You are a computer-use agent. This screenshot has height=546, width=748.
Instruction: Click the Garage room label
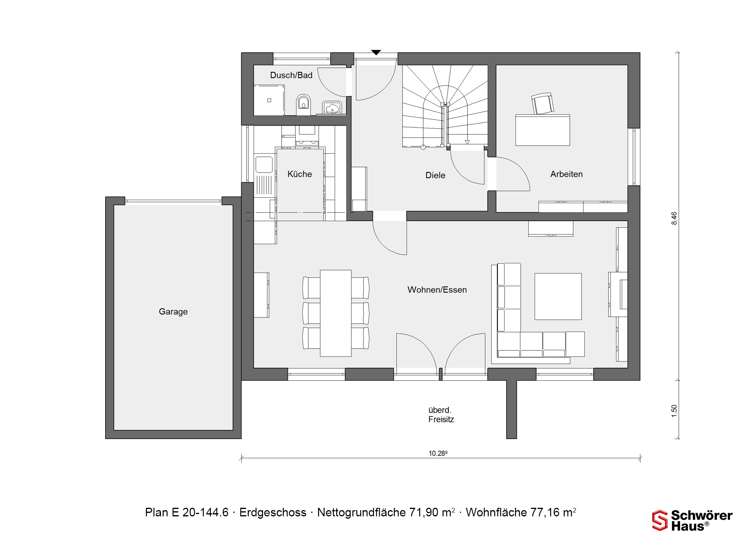point(173,312)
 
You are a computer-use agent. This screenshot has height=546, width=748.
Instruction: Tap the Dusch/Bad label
point(291,75)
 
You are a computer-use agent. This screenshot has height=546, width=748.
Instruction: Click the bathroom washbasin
point(332,108)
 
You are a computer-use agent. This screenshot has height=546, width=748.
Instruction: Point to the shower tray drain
point(269,100)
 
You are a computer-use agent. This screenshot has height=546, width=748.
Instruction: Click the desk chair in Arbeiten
point(543,103)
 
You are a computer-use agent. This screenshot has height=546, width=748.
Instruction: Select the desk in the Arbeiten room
point(543,130)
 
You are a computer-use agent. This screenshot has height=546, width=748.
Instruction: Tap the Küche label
point(300,174)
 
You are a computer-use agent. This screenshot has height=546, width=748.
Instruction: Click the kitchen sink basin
point(264,164)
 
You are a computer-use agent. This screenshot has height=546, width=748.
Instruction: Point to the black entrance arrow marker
point(376,52)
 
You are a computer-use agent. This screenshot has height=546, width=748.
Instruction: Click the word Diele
point(435,175)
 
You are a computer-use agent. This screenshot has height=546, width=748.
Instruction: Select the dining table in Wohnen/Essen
point(336,313)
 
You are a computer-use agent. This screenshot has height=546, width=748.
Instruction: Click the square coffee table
point(558,296)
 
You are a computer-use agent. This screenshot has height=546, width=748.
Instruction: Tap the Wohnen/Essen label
point(437,290)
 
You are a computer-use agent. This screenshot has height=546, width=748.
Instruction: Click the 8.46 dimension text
point(674,218)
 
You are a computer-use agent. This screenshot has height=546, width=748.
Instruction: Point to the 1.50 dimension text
point(674,411)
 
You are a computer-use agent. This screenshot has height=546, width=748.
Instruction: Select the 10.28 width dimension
point(438,453)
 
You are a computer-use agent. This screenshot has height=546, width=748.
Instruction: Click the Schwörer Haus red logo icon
point(660,520)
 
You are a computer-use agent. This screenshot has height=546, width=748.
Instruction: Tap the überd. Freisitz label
point(441,415)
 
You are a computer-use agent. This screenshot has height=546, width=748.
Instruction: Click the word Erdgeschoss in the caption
point(273,512)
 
